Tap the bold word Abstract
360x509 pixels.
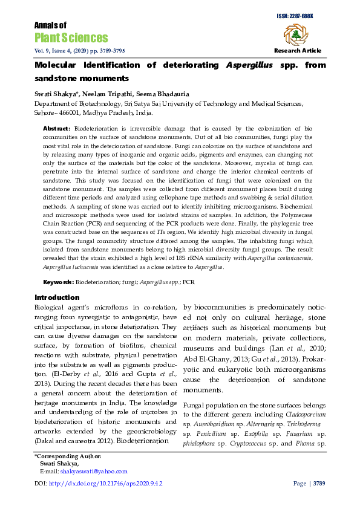(x=56, y=129)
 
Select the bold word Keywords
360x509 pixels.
(x=57, y=282)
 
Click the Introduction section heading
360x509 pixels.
(x=57, y=297)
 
